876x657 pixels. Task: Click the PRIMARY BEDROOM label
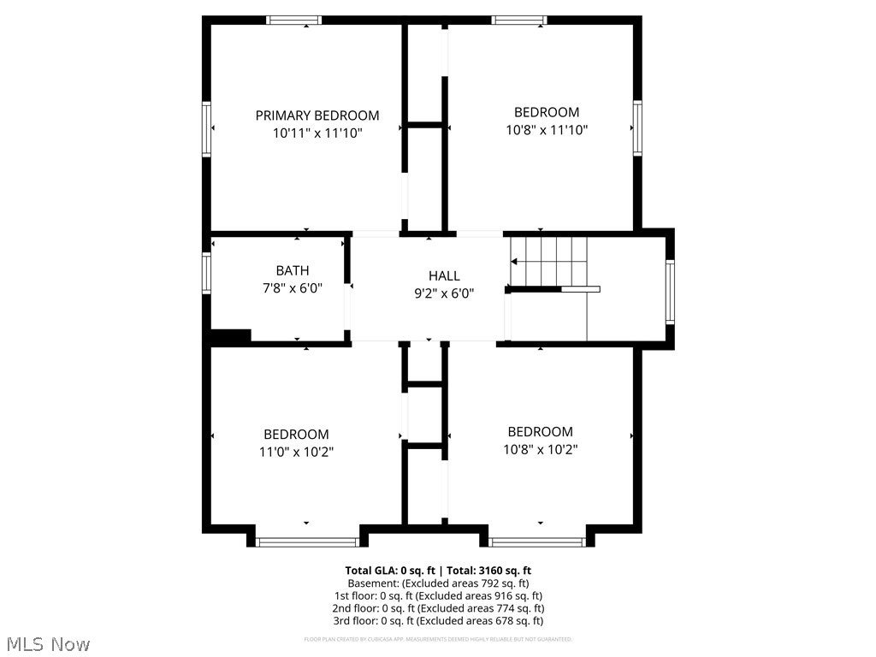click(x=317, y=115)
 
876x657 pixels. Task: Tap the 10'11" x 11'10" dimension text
click(x=317, y=133)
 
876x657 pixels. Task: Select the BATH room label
click(x=293, y=270)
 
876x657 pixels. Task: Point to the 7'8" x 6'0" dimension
click(x=293, y=288)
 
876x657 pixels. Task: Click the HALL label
click(x=444, y=275)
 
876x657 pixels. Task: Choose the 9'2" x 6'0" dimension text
click(x=444, y=293)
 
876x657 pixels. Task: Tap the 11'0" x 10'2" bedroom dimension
click(x=296, y=452)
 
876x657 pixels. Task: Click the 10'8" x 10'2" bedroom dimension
click(x=540, y=449)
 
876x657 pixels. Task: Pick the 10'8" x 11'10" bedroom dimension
click(x=547, y=130)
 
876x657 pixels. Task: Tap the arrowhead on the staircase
click(x=515, y=261)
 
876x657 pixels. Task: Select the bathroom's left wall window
click(x=206, y=273)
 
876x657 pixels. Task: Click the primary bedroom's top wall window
click(x=294, y=20)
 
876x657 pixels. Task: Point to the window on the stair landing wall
click(x=670, y=292)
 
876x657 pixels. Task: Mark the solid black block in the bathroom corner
click(x=230, y=336)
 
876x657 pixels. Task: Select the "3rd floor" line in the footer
click(x=438, y=621)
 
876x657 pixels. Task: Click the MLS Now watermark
click(x=48, y=643)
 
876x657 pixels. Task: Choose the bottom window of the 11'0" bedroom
click(x=308, y=542)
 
